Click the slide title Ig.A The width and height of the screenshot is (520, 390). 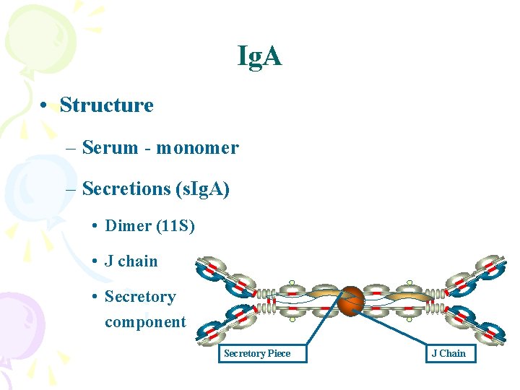click(260, 56)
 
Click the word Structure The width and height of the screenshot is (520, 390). click(107, 105)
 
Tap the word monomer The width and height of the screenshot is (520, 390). click(197, 148)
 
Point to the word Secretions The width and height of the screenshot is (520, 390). click(126, 189)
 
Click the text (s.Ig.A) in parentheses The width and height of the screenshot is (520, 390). click(202, 189)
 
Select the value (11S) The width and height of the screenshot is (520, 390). click(175, 225)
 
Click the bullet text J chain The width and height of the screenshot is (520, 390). click(131, 261)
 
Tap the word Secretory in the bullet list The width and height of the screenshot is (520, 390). click(140, 297)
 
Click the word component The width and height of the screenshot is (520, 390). click(145, 322)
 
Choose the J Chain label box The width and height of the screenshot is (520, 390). click(449, 353)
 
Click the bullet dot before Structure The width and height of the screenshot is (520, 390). click(45, 106)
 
